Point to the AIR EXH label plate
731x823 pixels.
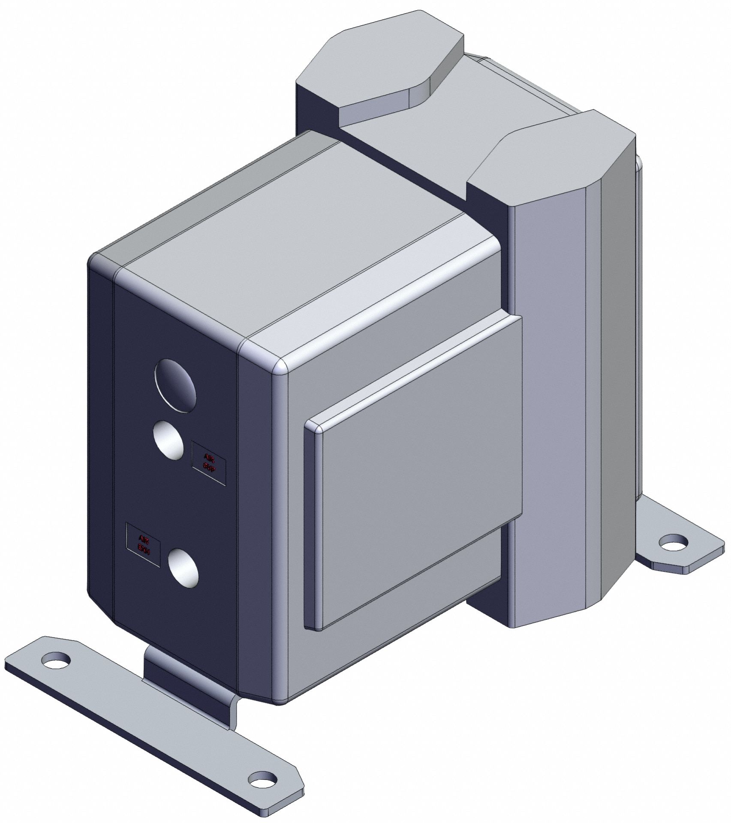143,544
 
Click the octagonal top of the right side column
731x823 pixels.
553,163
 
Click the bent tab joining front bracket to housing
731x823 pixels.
189,686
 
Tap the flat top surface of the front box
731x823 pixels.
300,240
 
